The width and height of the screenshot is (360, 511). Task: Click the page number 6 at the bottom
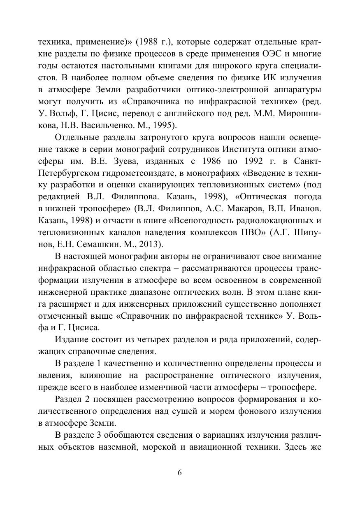[179, 473]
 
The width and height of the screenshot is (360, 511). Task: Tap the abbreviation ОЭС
[272, 54]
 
